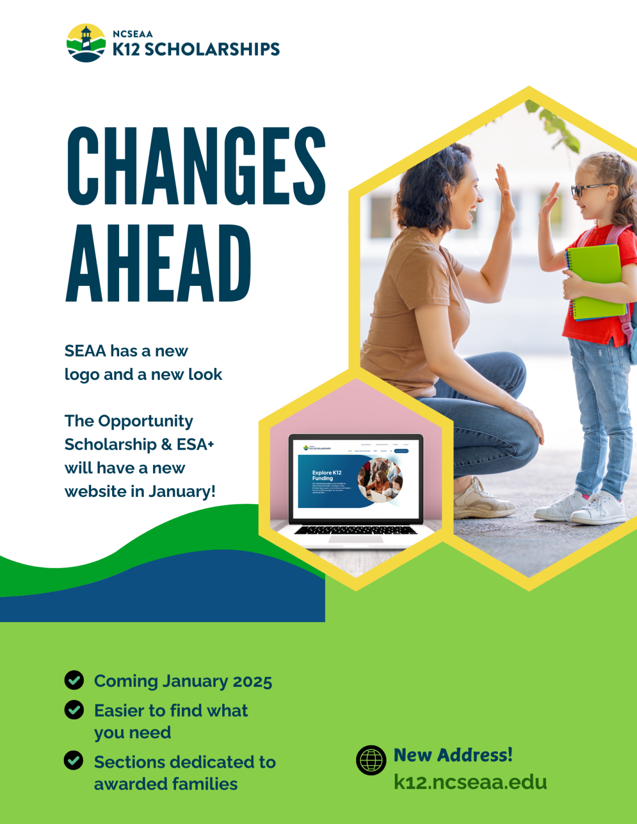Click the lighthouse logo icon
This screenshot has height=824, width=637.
pyautogui.click(x=86, y=43)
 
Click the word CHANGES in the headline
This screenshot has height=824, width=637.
pyautogui.click(x=196, y=166)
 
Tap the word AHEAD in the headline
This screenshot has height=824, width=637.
pyautogui.click(x=158, y=263)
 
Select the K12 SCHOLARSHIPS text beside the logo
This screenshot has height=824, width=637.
pyautogui.click(x=196, y=49)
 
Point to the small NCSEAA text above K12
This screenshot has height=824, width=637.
pyautogui.click(x=133, y=34)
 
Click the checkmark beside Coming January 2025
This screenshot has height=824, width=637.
pyautogui.click(x=74, y=680)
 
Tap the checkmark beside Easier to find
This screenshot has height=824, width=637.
pyautogui.click(x=74, y=710)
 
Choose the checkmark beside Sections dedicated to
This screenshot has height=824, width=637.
pyautogui.click(x=74, y=760)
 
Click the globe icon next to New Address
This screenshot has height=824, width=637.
pyautogui.click(x=371, y=760)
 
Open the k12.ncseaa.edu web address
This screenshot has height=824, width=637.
pyautogui.click(x=470, y=782)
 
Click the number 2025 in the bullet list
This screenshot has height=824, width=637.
pyautogui.click(x=253, y=681)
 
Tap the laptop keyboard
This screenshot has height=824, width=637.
pyautogui.click(x=356, y=530)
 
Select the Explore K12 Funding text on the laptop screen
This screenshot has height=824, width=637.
pyautogui.click(x=327, y=475)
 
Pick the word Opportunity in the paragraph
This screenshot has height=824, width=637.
pyautogui.click(x=145, y=421)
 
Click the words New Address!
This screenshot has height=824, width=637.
pyautogui.click(x=453, y=755)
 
